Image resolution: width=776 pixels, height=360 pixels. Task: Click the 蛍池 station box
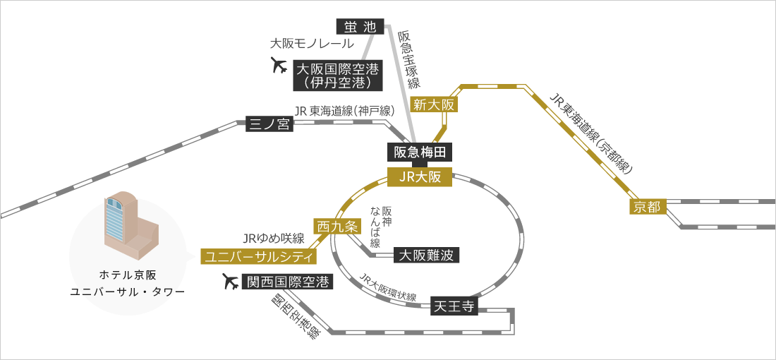[360, 28]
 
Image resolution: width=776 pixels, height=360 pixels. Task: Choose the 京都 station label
[647, 207]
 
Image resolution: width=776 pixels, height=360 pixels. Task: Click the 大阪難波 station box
[428, 254]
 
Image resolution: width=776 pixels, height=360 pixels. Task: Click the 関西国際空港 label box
[286, 282]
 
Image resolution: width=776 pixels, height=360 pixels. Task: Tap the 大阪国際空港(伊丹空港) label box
[338, 76]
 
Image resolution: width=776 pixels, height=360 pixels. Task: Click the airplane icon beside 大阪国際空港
[280, 66]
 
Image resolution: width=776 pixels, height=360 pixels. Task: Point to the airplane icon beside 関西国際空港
[230, 282]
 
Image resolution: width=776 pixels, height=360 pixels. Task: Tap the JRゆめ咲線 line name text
[273, 238]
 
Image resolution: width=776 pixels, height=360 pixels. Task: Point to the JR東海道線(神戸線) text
[344, 110]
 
